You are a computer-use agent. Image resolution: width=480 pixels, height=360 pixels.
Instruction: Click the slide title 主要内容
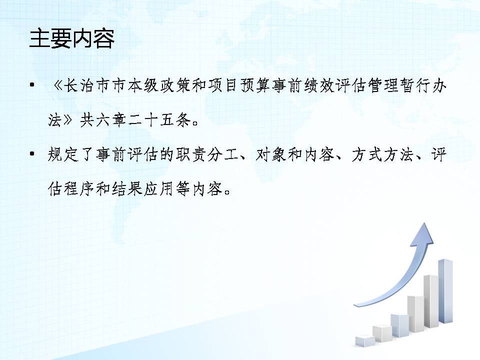click(x=72, y=39)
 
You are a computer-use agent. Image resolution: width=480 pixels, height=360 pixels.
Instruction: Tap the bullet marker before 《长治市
click(x=32, y=85)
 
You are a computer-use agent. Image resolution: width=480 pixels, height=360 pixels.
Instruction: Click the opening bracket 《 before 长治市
click(x=57, y=85)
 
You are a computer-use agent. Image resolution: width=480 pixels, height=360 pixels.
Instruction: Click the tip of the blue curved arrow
click(x=425, y=223)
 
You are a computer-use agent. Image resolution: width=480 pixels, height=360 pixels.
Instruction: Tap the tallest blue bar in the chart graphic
click(x=445, y=291)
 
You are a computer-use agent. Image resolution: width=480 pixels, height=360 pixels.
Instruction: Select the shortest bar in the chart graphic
click(x=365, y=341)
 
